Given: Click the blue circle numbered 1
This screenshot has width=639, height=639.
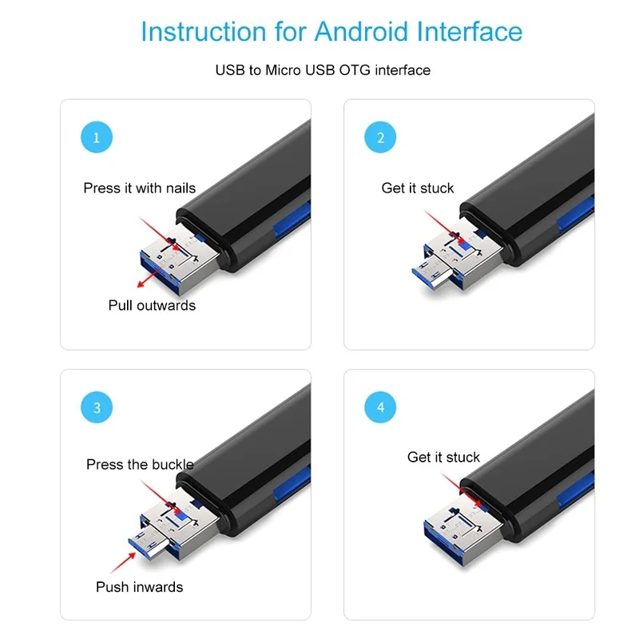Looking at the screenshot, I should [x=97, y=137].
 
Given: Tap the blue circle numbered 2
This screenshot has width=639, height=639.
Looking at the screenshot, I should [x=380, y=137].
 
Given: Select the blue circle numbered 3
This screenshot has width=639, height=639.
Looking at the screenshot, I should [x=97, y=407].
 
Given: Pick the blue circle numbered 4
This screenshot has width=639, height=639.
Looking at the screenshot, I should [x=380, y=407].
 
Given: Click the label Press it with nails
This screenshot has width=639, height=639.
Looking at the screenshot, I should [x=139, y=189].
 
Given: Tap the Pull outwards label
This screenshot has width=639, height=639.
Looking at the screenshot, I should [x=152, y=305].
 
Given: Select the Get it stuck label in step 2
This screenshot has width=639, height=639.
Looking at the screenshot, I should [x=417, y=189].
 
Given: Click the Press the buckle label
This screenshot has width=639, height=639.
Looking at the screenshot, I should [x=140, y=464].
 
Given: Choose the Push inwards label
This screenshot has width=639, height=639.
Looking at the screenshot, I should [x=139, y=587].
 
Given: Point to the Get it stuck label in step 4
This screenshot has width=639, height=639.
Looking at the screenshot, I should [x=443, y=458].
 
